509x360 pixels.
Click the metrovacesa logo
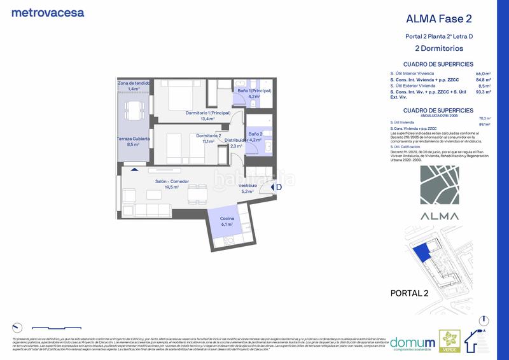coord(48,12)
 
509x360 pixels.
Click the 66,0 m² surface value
coord(483,74)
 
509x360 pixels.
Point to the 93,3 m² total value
coord(483,92)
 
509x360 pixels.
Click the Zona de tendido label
coord(134,83)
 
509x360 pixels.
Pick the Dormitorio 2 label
coord(208,135)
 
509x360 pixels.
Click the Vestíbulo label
coord(248,185)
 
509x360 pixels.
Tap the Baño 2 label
coord(255,134)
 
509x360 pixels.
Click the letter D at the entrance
coord(278,187)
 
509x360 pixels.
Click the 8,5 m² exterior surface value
coord(484,85)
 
